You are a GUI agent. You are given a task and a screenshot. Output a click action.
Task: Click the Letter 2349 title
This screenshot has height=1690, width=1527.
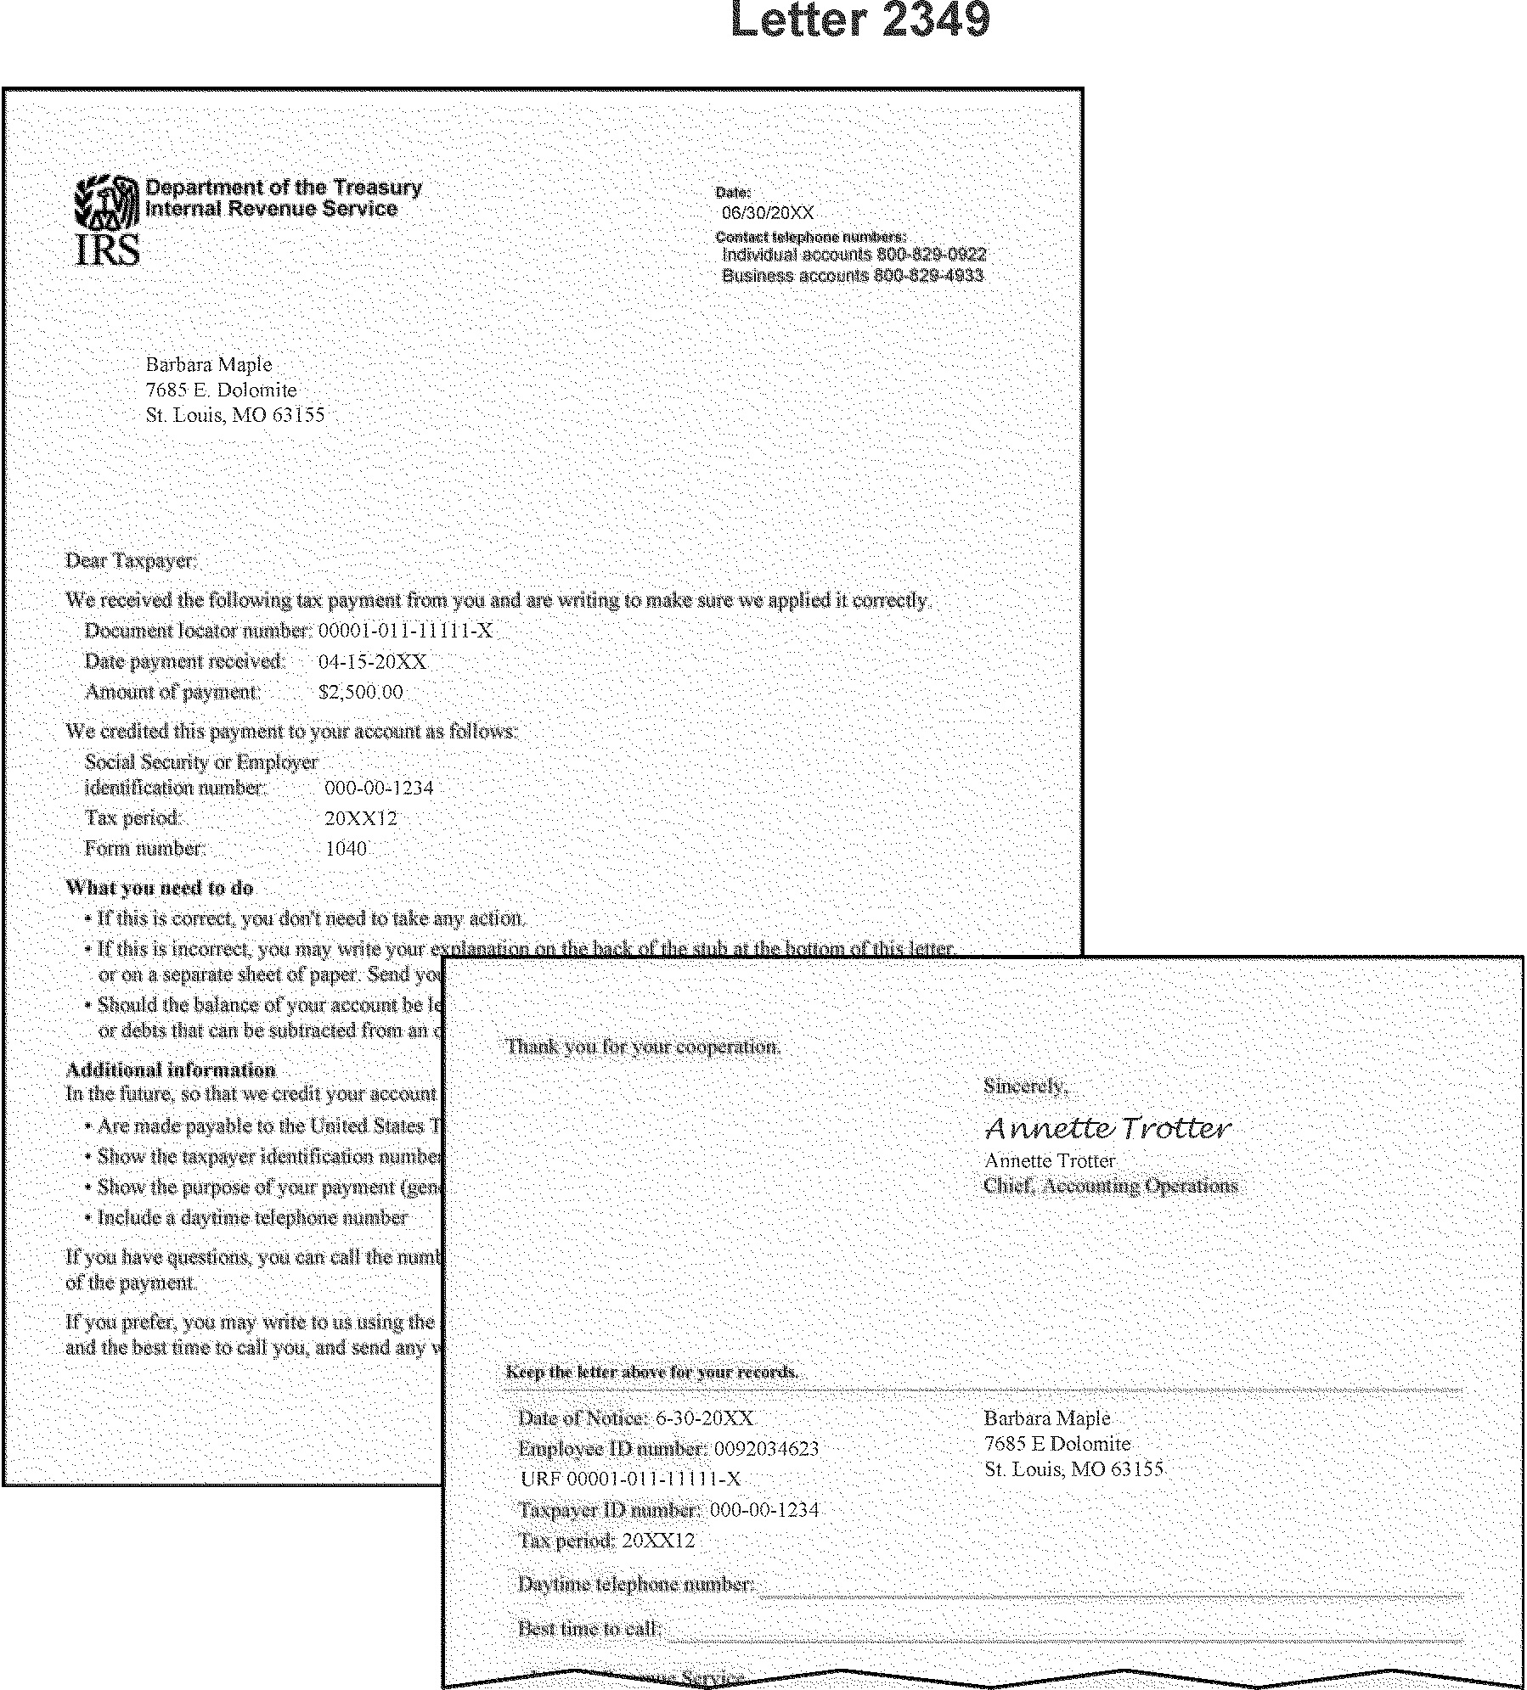coord(859,20)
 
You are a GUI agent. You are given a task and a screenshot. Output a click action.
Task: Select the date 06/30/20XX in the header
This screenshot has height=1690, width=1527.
coord(767,213)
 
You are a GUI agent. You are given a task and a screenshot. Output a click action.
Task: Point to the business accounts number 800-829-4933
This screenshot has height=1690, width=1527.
coord(928,276)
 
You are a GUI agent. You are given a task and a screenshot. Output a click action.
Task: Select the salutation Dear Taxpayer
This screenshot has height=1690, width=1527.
coord(132,561)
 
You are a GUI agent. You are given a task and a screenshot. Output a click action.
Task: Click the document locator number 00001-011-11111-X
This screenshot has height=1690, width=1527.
coord(405,631)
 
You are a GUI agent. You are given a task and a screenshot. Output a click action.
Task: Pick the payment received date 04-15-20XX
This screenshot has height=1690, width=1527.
coord(372,662)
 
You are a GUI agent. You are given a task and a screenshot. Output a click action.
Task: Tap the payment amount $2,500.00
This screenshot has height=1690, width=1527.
coord(360,693)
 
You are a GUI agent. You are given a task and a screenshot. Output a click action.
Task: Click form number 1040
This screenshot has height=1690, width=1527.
coord(346,849)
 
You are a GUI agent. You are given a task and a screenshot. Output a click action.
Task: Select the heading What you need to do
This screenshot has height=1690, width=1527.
coord(160,888)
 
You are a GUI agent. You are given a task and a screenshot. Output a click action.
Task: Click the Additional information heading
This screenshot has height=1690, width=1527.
coord(171,1070)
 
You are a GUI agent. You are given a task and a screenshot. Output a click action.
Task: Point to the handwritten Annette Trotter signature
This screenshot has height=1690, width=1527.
coord(1107,1128)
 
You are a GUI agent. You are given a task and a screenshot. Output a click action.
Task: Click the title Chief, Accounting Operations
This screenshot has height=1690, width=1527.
coord(1110,1186)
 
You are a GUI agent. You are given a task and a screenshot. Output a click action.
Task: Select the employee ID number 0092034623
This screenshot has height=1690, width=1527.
coord(766,1449)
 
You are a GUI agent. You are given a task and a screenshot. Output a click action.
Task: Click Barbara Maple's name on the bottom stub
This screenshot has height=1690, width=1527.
coord(1046,1418)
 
